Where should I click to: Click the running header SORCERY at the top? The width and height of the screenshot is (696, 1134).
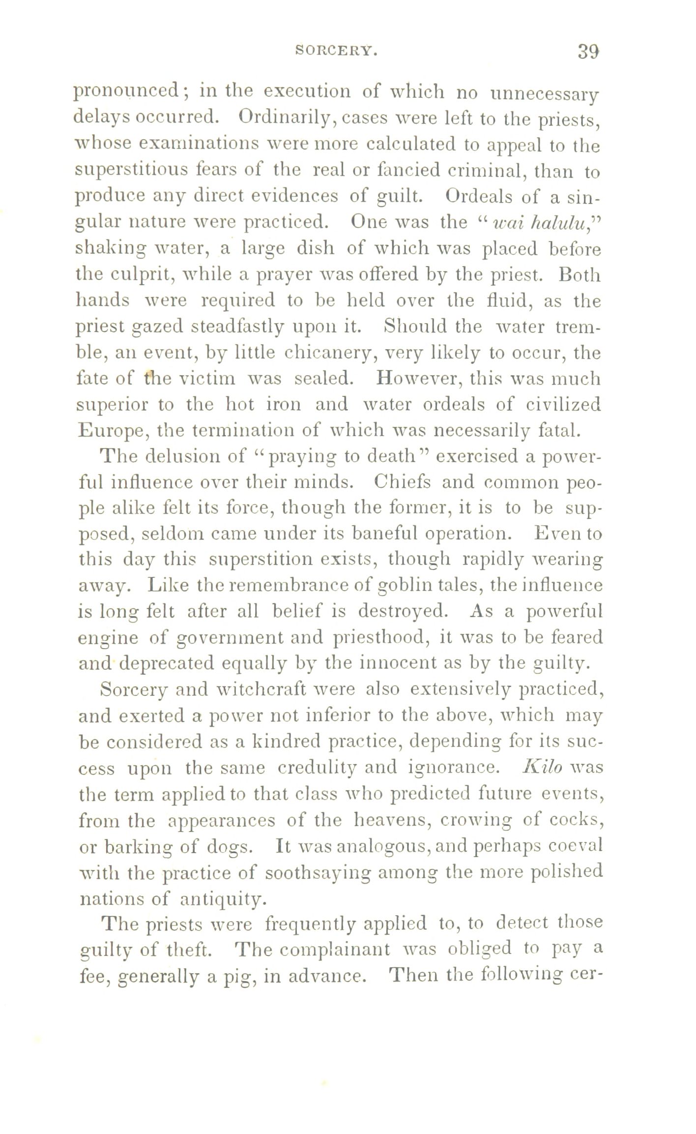click(x=336, y=50)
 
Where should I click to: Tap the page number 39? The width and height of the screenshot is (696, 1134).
click(x=589, y=51)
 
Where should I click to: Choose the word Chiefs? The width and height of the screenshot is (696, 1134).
click(x=402, y=482)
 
